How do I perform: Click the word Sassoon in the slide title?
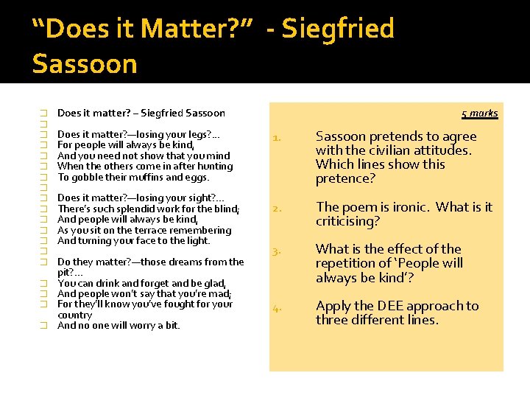(x=85, y=64)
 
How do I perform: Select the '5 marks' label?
(x=480, y=114)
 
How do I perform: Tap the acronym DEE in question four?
(x=392, y=306)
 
